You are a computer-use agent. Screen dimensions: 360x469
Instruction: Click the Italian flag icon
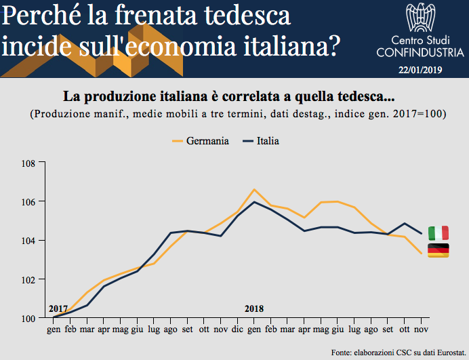438,233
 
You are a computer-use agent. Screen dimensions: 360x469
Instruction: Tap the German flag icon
438,250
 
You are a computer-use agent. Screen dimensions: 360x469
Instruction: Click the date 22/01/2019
420,69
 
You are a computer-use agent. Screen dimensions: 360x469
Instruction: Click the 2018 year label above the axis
254,309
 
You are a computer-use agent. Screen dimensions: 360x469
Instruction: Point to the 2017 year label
58,309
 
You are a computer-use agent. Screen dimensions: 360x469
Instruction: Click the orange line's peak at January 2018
253,189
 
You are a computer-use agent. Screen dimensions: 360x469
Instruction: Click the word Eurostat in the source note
445,352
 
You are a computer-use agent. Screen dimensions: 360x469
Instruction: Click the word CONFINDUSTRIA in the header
420,52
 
